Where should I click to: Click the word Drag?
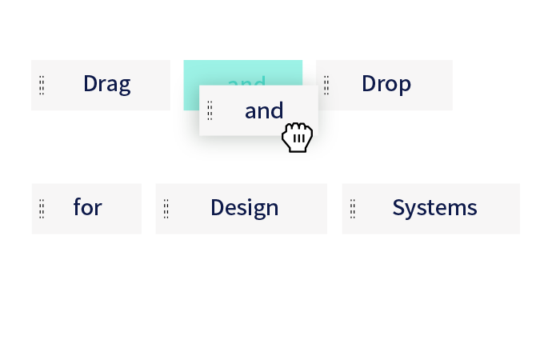pyautogui.click(x=106, y=84)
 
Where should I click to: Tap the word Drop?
pyautogui.click(x=386, y=84)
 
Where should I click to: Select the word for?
pyautogui.click(x=87, y=208)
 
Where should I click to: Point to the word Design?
pyautogui.click(x=244, y=208)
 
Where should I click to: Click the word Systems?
pyautogui.click(x=434, y=208)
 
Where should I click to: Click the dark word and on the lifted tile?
pyautogui.click(x=264, y=110)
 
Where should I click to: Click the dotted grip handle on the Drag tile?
pyautogui.click(x=42, y=86)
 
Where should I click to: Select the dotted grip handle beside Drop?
pyautogui.click(x=326, y=86)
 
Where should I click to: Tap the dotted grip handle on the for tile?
pyautogui.click(x=42, y=209)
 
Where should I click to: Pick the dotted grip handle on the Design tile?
pyautogui.click(x=166, y=209)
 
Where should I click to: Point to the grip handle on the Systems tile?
pyautogui.click(x=352, y=209)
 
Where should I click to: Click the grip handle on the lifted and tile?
pyautogui.click(x=210, y=110)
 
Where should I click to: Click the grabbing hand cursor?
pyautogui.click(x=298, y=138)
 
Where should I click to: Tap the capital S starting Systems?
pyautogui.click(x=398, y=208)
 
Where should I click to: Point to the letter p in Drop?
pyautogui.click(x=405, y=86)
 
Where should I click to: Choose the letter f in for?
pyautogui.click(x=77, y=207)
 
